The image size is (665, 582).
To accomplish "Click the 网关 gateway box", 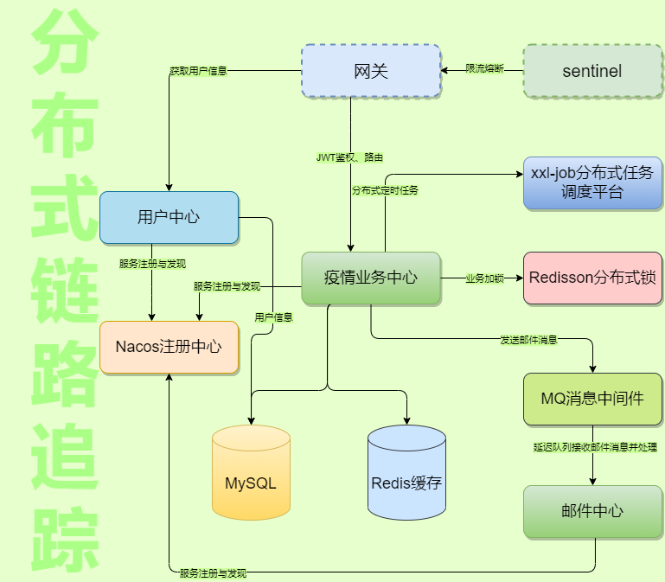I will point(370,71).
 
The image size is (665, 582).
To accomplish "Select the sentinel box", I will point(591,71).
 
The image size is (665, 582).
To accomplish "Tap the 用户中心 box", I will point(169,217).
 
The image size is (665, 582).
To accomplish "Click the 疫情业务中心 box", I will point(370,278).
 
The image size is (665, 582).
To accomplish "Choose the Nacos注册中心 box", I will point(169,347).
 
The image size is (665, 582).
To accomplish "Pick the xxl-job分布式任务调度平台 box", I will point(592,182).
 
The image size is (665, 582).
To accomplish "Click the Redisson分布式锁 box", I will point(592,278).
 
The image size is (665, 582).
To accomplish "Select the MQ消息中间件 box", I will point(592,399).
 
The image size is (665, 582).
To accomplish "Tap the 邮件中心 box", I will point(592,511).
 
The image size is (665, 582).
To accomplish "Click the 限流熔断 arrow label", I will point(484,69).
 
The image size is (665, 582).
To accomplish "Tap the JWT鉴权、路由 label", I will point(349,157).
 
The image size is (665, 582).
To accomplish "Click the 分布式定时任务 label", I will point(385,190).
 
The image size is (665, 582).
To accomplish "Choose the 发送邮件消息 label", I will point(528,340).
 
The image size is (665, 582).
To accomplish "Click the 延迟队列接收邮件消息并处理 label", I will point(595,448).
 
